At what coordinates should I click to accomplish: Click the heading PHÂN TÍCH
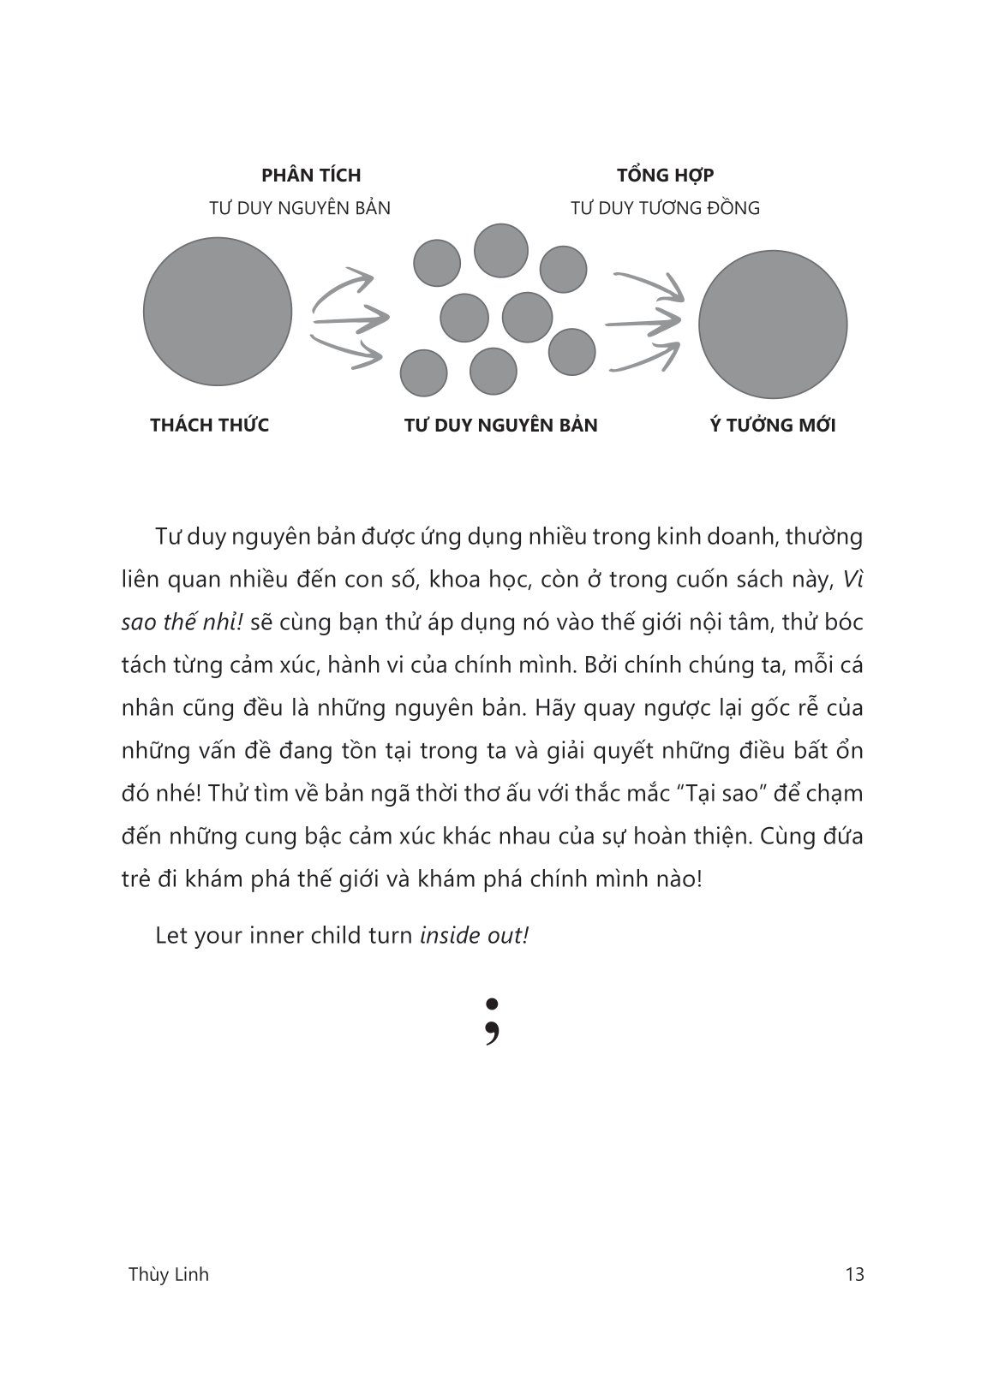(x=311, y=176)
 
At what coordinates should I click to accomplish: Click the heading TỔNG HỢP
(x=666, y=176)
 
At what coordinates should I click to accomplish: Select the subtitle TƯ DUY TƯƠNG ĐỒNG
(x=666, y=208)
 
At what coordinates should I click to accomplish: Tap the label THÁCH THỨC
(x=209, y=426)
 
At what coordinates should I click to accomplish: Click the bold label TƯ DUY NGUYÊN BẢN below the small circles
(x=501, y=426)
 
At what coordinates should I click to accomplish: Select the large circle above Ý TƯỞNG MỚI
(x=773, y=325)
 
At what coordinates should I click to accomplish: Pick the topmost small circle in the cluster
(x=501, y=250)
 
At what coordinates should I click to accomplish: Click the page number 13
(x=854, y=1274)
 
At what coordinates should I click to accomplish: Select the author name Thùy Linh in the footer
(x=168, y=1274)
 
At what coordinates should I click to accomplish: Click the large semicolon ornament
(x=492, y=1021)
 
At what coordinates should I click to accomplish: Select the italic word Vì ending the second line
(x=852, y=580)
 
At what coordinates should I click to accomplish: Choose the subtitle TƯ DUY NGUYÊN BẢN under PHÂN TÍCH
(x=300, y=208)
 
